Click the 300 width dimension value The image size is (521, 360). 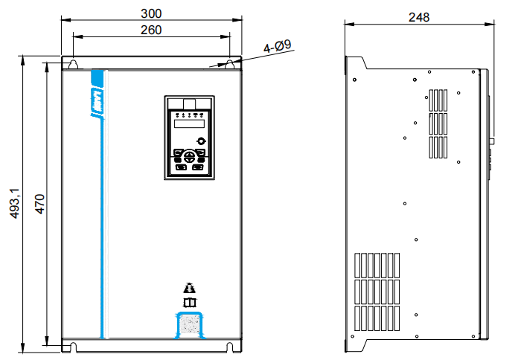point(151,13)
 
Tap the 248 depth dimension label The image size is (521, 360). point(419,17)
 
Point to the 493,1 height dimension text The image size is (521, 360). point(15,202)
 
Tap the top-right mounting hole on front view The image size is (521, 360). point(231,64)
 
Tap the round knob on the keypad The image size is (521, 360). point(200,141)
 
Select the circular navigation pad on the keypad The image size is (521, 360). point(190,156)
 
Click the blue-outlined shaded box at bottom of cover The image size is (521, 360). point(190,325)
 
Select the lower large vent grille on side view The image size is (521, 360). point(377,292)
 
